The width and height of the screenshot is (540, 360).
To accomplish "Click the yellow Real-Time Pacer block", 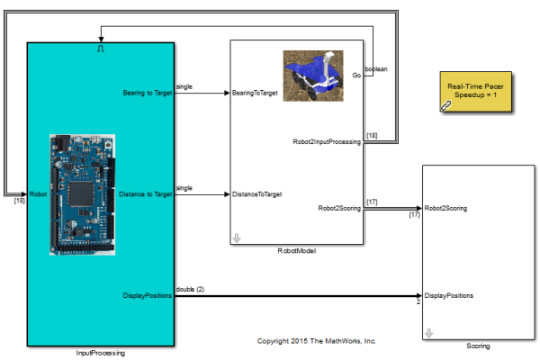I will [477, 91].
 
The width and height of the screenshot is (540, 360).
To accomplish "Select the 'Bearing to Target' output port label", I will [147, 92].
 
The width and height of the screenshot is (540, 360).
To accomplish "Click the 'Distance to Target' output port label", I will [146, 193].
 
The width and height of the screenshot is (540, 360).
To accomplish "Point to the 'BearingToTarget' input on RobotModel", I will [255, 92].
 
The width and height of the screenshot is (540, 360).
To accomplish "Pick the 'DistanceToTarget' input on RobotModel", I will [257, 193].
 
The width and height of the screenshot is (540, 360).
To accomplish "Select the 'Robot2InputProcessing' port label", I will [328, 141].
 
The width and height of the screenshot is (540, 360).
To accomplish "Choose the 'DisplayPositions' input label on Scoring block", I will [449, 295].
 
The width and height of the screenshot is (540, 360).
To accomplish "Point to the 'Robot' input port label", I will [38, 193].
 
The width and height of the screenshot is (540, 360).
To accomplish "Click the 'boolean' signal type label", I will [376, 68].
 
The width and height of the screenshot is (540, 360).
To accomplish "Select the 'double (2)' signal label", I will [190, 289].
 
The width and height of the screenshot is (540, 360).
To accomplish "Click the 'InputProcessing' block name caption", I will [101, 354].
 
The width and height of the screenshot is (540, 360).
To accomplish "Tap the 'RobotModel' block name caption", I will [297, 250].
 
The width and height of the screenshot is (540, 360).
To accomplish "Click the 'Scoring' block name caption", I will [478, 346].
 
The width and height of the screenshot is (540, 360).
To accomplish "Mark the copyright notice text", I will [316, 341].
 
